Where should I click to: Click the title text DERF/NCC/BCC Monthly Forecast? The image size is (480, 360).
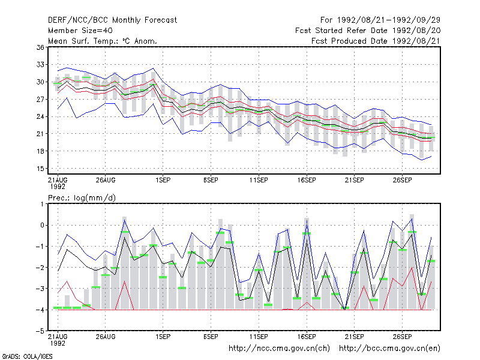click(x=112, y=20)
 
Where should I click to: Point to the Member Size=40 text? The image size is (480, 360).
click(x=80, y=31)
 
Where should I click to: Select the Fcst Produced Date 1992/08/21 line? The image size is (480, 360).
click(x=376, y=41)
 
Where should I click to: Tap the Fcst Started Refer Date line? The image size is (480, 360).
click(x=368, y=31)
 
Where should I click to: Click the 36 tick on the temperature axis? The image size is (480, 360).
click(x=40, y=47)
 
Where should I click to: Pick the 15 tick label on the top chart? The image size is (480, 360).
click(x=40, y=169)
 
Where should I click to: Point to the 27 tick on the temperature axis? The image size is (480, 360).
click(x=40, y=99)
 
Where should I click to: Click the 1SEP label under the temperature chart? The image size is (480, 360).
click(x=163, y=180)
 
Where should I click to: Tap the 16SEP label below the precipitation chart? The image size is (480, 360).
click(x=307, y=337)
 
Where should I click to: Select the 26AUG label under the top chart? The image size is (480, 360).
click(x=106, y=180)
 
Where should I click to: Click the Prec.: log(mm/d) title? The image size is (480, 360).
click(x=82, y=198)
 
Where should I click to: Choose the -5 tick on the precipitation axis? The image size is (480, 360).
click(x=40, y=331)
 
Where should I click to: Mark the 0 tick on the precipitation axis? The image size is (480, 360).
click(x=42, y=225)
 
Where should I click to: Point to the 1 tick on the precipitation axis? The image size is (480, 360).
click(x=42, y=204)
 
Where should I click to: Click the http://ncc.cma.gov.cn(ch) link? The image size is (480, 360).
click(x=279, y=349)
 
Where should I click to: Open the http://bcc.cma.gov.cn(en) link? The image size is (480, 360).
click(x=389, y=349)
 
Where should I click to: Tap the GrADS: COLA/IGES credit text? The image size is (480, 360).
click(x=27, y=356)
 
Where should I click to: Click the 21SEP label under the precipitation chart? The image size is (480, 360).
click(x=354, y=337)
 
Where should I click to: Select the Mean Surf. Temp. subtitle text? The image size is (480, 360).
click(x=102, y=41)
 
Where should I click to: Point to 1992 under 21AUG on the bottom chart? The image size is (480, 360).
click(x=58, y=343)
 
